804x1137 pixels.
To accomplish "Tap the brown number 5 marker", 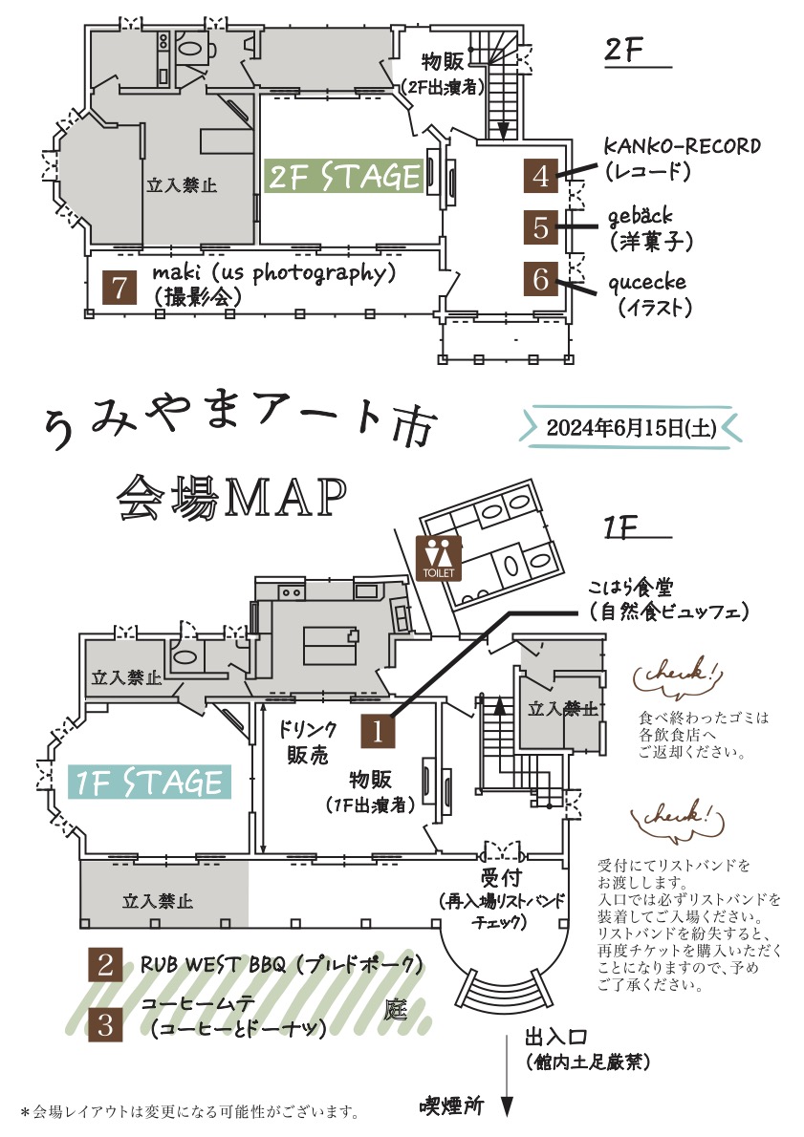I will (541, 228).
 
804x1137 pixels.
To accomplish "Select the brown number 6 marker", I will (541, 279).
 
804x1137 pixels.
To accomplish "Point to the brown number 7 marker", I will (119, 288).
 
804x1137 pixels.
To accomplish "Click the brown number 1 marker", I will (378, 732).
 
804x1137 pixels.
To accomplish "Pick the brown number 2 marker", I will (105, 966).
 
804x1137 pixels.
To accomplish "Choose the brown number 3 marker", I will (105, 1025).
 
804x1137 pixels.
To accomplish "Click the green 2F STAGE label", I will (344, 176).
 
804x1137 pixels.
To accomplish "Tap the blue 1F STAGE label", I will (149, 783).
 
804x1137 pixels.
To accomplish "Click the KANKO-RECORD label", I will (682, 146).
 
